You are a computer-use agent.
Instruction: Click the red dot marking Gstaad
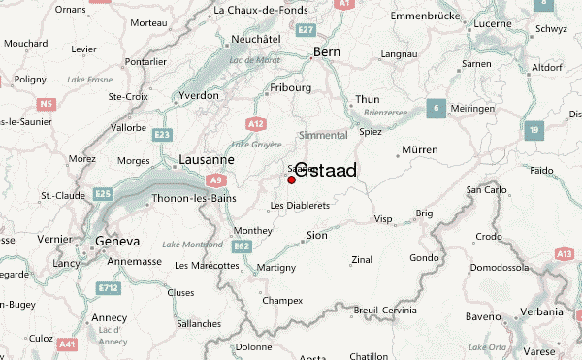tap(291, 180)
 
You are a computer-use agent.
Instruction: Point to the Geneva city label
tap(116, 241)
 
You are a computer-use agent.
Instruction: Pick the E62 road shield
tap(242, 246)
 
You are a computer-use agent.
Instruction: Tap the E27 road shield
tap(307, 31)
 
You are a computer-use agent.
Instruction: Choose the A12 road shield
tap(256, 123)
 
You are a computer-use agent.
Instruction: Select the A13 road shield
tap(564, 253)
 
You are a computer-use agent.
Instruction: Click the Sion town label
tap(316, 235)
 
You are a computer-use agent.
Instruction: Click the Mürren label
tap(418, 150)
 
